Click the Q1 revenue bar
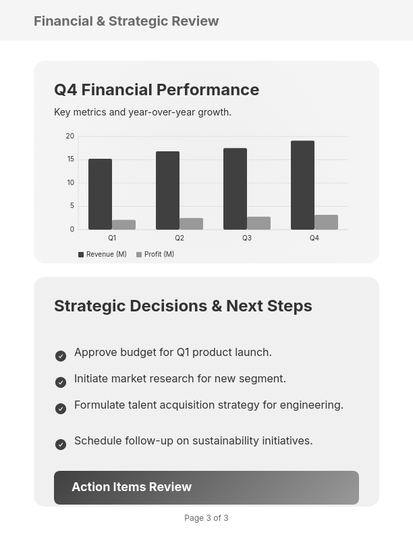click(x=100, y=195)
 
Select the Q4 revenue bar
click(x=302, y=185)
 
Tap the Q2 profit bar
click(x=191, y=224)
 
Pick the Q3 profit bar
click(x=258, y=223)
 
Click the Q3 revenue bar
click(x=235, y=189)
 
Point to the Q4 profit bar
click(x=326, y=222)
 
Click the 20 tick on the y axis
click(x=70, y=136)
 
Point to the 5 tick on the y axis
click(x=72, y=206)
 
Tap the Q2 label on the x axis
click(x=180, y=238)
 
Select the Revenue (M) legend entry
click(x=103, y=255)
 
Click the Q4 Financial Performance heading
click(x=157, y=90)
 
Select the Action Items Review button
click(x=206, y=487)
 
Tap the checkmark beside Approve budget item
click(x=61, y=356)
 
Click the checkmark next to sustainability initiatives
click(x=61, y=444)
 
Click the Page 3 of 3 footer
click(x=206, y=518)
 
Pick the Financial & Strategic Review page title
click(x=126, y=21)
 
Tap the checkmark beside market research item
click(x=61, y=382)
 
